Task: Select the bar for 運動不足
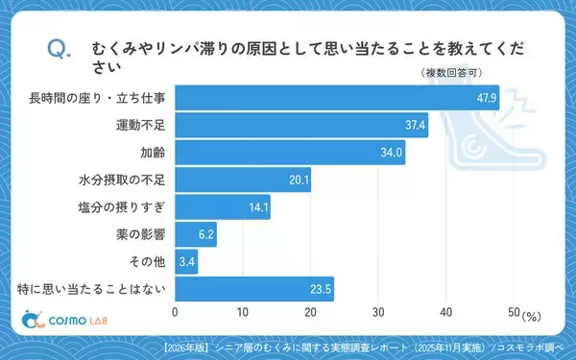coord(300,125)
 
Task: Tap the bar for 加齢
coord(289,152)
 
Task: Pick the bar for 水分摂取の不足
coord(242,180)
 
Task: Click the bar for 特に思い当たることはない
coord(253,288)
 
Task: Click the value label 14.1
coord(258,206)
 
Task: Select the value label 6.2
coord(205,233)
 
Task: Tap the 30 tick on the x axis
coord(378,312)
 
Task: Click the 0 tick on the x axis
coord(176,312)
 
